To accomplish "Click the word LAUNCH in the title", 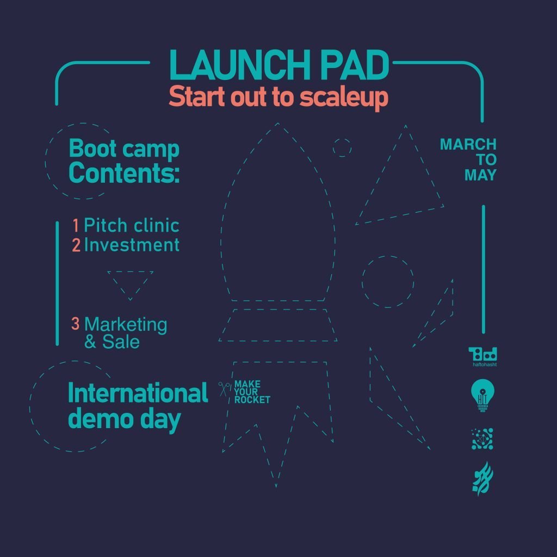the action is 240,65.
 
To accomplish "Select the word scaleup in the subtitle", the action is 344,97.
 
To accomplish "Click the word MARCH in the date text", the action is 468,145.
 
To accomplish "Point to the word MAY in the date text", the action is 480,175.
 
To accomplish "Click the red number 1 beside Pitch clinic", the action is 76,226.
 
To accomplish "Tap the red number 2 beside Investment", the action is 76,245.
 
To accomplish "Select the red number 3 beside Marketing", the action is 75,323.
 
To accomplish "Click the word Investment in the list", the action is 132,245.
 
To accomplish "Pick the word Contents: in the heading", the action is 124,173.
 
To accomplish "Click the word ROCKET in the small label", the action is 252,400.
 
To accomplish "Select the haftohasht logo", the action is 483,357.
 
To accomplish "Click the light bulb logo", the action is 482,395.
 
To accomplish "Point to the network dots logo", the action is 482,439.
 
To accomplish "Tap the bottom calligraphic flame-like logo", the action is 482,478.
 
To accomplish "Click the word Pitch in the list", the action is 106,226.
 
